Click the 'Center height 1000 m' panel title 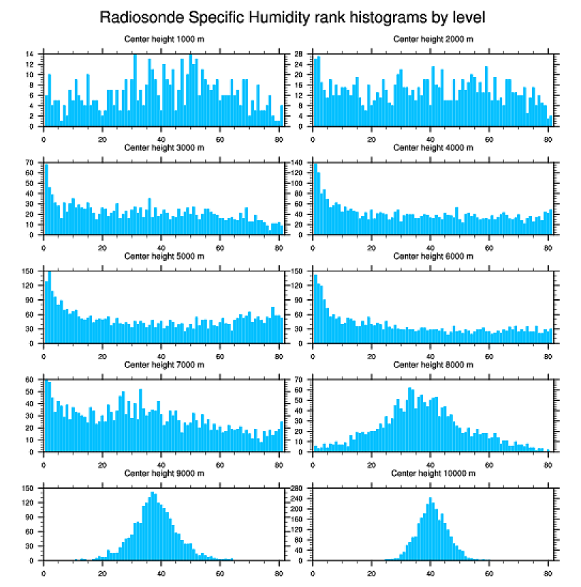click(x=164, y=38)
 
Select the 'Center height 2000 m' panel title click(x=433, y=38)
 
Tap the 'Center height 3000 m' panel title click(x=164, y=148)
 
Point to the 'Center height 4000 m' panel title click(x=433, y=148)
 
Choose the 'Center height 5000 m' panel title click(x=164, y=256)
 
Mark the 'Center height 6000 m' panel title click(x=433, y=256)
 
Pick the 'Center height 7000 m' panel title click(x=164, y=365)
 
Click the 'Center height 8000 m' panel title click(x=433, y=365)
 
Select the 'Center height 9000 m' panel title click(x=164, y=473)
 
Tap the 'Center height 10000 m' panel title click(x=433, y=473)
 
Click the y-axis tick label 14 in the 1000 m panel click(x=31, y=54)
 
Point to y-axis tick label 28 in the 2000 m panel click(x=301, y=54)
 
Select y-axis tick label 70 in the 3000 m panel click(x=31, y=162)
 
